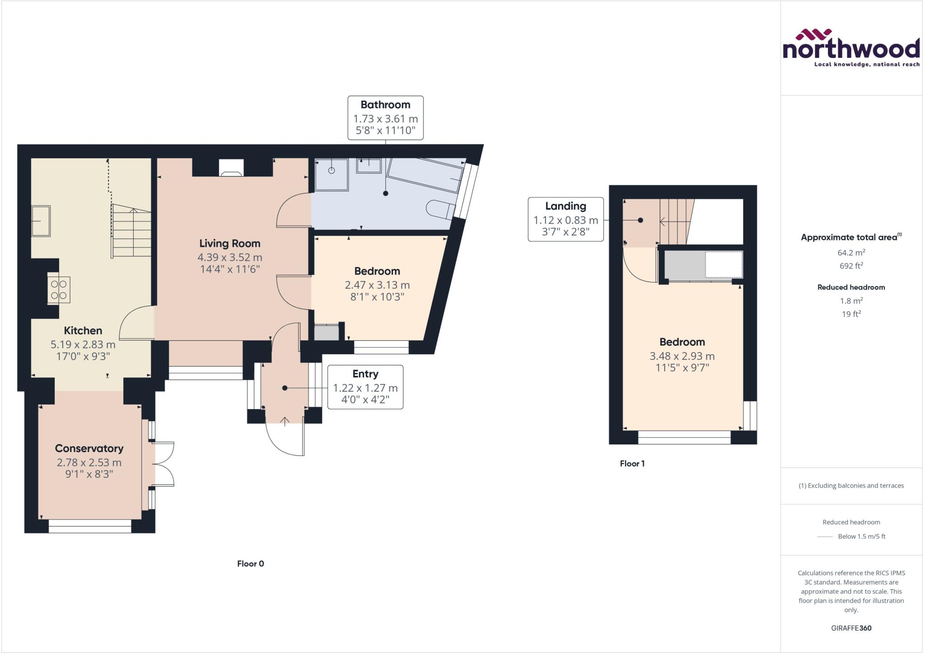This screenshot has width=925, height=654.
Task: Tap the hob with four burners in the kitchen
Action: point(59,290)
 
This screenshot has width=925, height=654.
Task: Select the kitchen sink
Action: point(41,221)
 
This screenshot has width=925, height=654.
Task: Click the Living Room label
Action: point(229,244)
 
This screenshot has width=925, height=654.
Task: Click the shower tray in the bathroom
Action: point(332,174)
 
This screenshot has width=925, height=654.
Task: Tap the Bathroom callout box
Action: point(385,118)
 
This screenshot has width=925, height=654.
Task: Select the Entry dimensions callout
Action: point(365,387)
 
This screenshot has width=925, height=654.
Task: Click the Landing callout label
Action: point(565,219)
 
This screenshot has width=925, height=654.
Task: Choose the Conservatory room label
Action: point(89,448)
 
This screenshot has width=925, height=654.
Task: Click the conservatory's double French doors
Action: point(164,464)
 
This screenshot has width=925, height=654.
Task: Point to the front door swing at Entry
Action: point(285,438)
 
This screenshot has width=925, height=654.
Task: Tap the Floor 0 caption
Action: point(250,564)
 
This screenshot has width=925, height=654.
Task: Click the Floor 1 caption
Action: point(632,464)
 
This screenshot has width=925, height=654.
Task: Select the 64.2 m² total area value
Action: point(851,253)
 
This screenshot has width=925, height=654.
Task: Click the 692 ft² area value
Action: point(851,266)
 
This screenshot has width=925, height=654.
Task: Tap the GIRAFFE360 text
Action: point(851,628)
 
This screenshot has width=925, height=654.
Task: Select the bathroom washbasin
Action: point(369,166)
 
